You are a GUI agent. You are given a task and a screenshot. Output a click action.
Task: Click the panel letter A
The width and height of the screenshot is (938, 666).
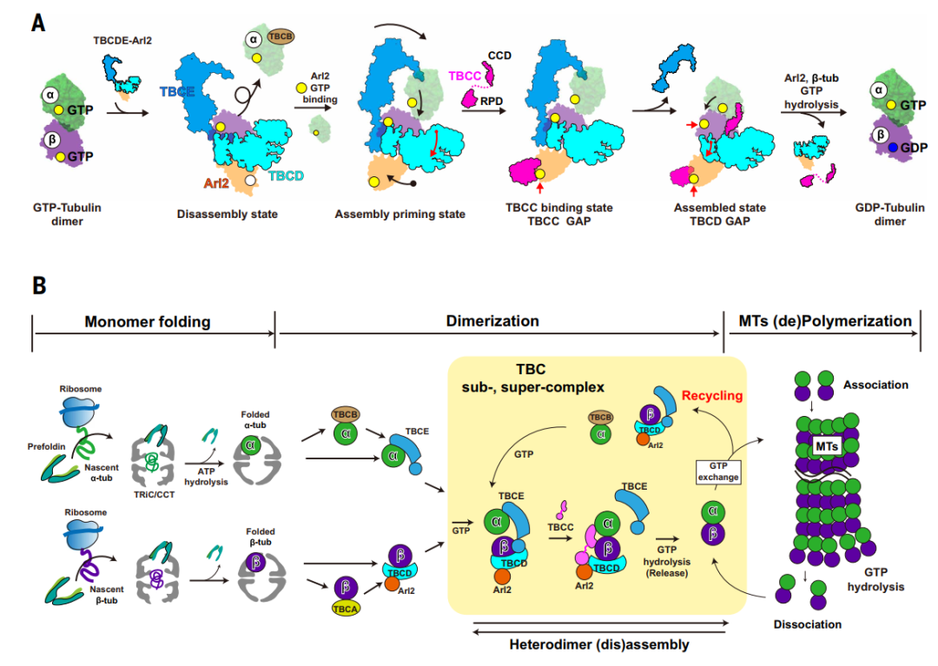38,23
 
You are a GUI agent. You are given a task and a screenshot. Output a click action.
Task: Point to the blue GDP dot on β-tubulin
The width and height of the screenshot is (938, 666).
884,148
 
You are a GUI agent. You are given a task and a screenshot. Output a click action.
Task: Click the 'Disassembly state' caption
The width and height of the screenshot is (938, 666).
228,214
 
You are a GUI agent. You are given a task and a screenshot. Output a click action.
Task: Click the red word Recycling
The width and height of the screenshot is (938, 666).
713,396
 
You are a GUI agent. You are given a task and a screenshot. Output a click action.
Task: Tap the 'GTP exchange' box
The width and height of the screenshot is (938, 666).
716,471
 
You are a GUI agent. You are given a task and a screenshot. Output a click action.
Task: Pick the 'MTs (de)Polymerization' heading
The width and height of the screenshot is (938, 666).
826,321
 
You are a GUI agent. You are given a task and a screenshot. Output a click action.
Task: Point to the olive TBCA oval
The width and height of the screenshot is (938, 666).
345,609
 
